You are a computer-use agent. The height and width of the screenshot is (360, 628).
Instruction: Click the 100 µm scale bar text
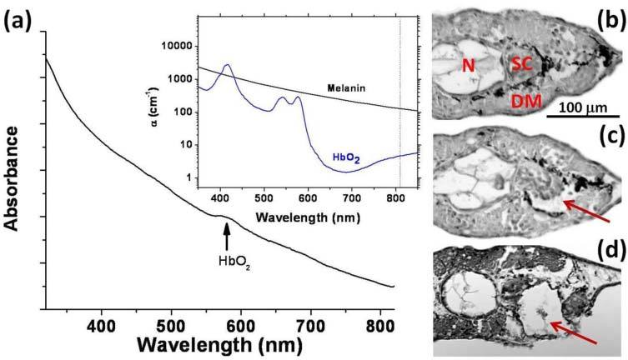582,108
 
